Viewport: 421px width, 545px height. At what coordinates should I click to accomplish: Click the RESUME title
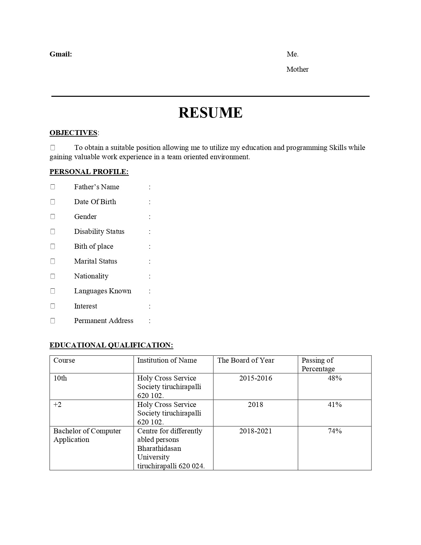(210, 113)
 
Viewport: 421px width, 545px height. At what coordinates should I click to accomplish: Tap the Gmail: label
(61, 54)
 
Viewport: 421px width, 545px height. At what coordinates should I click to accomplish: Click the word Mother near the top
(297, 69)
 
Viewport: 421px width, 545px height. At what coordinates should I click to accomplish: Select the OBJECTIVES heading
(73, 133)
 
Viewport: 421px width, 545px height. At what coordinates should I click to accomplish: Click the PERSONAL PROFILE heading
(89, 172)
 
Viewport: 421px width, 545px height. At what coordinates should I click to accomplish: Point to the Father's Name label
(96, 187)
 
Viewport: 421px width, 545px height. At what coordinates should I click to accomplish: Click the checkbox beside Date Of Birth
(53, 202)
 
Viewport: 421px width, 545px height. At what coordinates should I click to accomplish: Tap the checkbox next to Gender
(53, 217)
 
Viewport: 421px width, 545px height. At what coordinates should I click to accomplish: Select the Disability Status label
(99, 232)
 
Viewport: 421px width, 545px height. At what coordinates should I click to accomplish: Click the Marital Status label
(95, 261)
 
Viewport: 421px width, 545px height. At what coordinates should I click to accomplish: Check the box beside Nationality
(53, 276)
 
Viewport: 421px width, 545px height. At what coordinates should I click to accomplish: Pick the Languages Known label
(102, 291)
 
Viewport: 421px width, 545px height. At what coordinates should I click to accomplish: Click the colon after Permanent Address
(150, 321)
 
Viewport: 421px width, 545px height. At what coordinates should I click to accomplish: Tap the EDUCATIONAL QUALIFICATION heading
(111, 345)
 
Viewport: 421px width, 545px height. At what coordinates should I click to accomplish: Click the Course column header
(64, 360)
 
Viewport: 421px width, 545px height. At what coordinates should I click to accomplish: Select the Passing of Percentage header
(318, 364)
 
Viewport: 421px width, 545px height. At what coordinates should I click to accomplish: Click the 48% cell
(334, 378)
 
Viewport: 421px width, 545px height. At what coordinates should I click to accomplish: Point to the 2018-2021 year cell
(256, 431)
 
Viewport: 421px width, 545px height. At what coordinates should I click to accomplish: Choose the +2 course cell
(57, 405)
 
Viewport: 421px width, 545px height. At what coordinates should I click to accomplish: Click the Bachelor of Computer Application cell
(87, 435)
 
